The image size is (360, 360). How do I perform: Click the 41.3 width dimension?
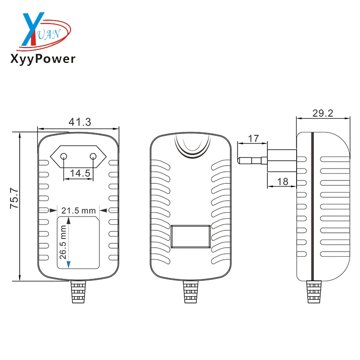point(79,122)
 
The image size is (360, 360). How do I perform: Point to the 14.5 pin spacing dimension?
point(80,173)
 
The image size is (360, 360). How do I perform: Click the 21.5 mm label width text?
point(79,210)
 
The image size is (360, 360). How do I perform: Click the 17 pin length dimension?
point(253,139)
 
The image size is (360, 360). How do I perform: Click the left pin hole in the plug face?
point(63,156)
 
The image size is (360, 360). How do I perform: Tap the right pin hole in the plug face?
point(93,156)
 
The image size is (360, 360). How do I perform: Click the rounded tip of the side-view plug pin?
point(240,159)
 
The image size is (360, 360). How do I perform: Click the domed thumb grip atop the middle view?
point(192,146)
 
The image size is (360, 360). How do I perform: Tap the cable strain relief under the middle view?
point(190,293)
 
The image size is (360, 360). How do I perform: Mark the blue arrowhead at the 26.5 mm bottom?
point(69,264)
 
